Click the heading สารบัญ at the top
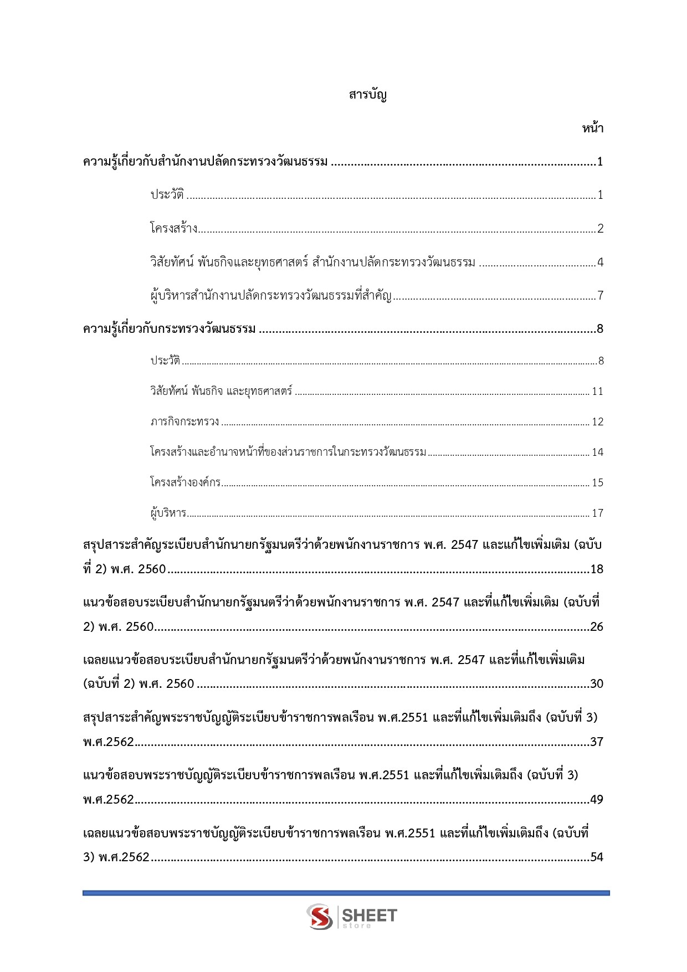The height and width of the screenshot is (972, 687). pos(367,95)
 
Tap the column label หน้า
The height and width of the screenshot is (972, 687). pos(592,128)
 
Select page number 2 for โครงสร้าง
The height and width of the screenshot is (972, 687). pos(600,229)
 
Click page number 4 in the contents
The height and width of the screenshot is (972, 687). pos(600,263)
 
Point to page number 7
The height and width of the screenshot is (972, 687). pos(600,296)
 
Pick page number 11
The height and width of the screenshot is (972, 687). pos(597,392)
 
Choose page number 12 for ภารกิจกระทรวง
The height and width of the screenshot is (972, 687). pos(597,422)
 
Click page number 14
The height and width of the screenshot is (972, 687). pos(597,452)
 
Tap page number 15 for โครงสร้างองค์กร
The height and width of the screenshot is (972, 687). pos(597,483)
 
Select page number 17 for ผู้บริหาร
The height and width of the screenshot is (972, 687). pos(597,513)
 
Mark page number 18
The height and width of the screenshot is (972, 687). pos(597,569)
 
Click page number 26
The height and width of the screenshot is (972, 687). pos(597,627)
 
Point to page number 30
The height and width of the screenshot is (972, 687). pos(597,684)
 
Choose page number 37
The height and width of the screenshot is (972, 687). pos(597,742)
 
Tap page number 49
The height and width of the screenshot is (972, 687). pos(597,800)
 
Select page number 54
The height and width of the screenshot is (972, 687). pos(597,857)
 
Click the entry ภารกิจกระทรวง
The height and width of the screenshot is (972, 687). pos(185,422)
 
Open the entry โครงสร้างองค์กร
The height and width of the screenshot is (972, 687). pos(185,482)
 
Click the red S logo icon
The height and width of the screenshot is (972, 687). pos(320,917)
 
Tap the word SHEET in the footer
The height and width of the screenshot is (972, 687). pos(370,915)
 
